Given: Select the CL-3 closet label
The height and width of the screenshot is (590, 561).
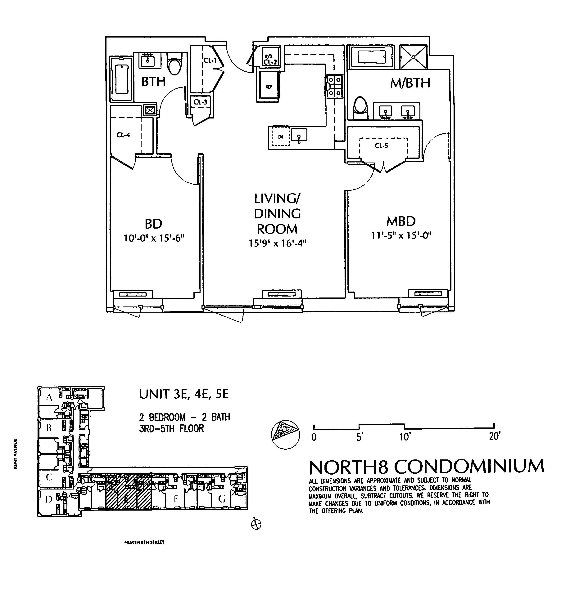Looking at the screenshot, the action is (x=200, y=102).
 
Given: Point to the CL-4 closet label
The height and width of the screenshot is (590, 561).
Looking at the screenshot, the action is (x=123, y=135).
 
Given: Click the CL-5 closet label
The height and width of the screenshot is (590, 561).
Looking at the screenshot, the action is (x=381, y=146).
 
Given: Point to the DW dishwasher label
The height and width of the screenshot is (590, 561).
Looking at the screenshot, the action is (x=280, y=137).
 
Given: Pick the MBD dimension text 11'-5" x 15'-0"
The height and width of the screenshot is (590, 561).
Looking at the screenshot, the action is (x=401, y=235).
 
